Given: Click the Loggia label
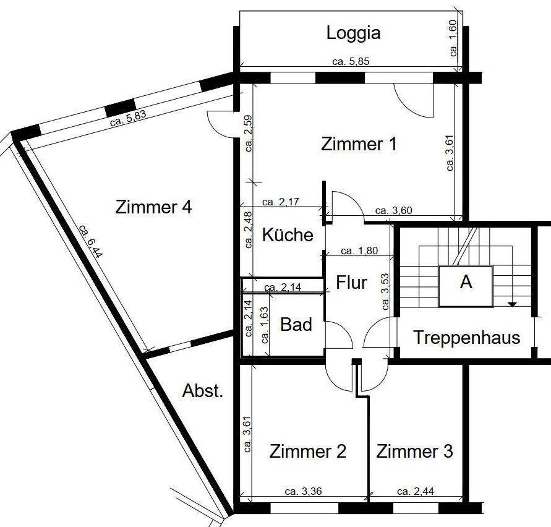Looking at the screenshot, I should tap(353, 33).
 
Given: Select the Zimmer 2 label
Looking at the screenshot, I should tap(307, 452).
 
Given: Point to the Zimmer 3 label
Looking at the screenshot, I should tap(415, 452).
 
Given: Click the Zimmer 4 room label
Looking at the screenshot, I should tap(153, 207).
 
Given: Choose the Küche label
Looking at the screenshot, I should tap(288, 235).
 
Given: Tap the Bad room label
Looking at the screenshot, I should tap(296, 324).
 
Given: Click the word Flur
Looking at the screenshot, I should tap(352, 283).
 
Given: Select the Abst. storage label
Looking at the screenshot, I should tap(203, 391).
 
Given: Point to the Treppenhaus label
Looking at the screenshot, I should tap(466, 338).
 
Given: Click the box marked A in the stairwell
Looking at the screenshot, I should tap(466, 283).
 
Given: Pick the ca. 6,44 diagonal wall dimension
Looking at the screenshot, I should tap(91, 241).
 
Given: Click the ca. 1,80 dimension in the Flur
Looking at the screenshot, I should tap(357, 251).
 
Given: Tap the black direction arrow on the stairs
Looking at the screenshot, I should tap(512, 304).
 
